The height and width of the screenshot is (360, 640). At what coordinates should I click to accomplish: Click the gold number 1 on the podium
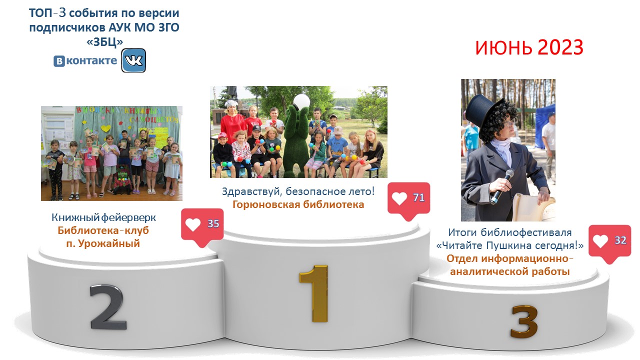(x=314, y=293)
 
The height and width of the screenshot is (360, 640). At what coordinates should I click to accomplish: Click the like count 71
(x=419, y=197)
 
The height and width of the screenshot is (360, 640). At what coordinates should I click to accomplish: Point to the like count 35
(x=213, y=223)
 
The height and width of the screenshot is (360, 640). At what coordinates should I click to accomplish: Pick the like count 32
(x=620, y=240)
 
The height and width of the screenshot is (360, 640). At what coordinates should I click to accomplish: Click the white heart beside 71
(x=399, y=198)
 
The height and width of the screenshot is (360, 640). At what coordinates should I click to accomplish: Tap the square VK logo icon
(x=133, y=60)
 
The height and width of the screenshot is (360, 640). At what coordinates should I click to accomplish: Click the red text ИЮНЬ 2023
(x=529, y=47)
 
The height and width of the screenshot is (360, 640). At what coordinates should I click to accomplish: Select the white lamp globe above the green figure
(x=301, y=101)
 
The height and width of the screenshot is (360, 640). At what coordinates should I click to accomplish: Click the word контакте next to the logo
(x=91, y=60)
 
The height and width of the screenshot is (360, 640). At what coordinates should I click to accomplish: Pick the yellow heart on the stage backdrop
(x=105, y=128)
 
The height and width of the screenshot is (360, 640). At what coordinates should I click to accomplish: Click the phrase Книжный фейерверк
(x=103, y=217)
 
